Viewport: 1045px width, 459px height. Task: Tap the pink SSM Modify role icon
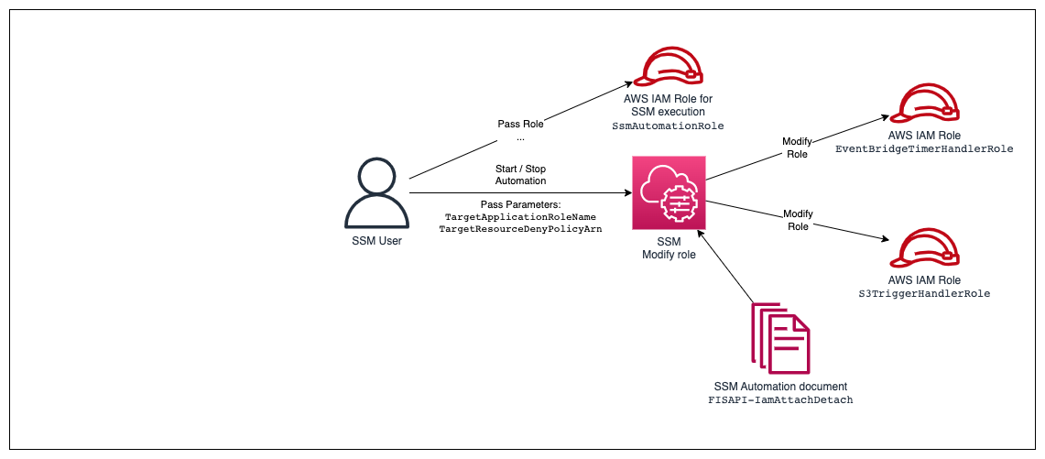coord(669,192)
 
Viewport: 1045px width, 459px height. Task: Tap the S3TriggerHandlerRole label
coord(931,294)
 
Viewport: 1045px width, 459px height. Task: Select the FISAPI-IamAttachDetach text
coord(780,401)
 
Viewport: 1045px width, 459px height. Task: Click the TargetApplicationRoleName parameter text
coord(520,216)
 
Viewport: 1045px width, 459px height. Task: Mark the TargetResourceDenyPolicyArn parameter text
coord(520,229)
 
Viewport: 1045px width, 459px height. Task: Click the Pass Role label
coord(520,124)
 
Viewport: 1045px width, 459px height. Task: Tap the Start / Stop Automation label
coord(520,174)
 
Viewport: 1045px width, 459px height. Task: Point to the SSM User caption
coord(376,241)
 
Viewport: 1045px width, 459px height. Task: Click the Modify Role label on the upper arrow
coord(796,148)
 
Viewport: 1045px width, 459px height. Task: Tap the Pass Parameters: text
coord(520,203)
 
